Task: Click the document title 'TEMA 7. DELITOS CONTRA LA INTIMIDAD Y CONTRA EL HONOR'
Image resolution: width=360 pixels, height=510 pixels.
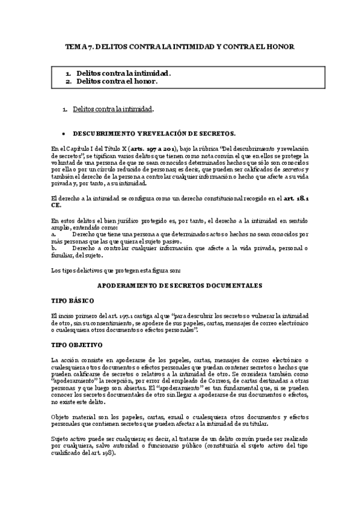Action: pos(180,46)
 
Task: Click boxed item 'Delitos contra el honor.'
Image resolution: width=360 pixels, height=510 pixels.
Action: pos(117,81)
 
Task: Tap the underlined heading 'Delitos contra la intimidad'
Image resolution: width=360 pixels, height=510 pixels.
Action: pos(112,109)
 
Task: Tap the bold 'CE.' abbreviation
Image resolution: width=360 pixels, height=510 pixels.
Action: pos(55,204)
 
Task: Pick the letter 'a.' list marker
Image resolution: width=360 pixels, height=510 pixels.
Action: pos(54,234)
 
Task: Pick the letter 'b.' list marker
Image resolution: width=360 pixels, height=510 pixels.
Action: pos(54,248)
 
